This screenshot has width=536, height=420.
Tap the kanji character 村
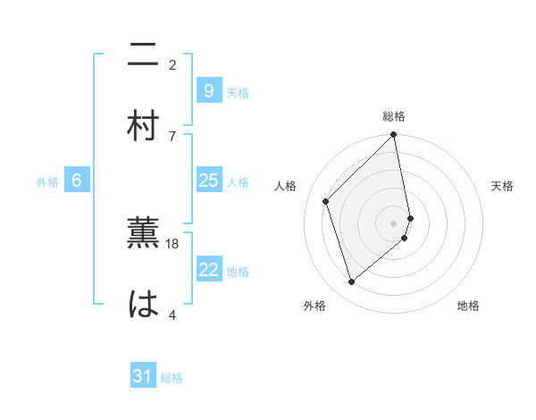pos(143,126)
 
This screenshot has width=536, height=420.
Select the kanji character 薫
pos(143,234)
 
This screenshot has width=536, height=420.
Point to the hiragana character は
pos(143,305)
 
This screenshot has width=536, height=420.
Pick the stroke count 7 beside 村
pos(172,135)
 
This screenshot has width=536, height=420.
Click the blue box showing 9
pos(207,91)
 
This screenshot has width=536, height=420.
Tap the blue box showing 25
pos(207,181)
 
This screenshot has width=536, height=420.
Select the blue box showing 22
pos(207,270)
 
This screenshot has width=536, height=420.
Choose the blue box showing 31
pos(143,376)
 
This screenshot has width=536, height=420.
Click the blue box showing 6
pos(77,181)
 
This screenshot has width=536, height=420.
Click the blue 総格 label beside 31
pos(172,378)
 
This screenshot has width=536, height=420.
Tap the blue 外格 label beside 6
pos(47,182)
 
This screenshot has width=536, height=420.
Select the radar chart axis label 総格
pos(394,116)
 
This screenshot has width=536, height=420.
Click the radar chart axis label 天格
pos(502,186)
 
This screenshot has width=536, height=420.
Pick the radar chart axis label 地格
pos(468,306)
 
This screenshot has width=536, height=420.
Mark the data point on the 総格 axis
pos(394,136)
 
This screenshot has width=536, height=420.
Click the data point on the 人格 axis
pos(326,201)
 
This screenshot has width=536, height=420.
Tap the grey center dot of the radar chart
pos(394,223)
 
